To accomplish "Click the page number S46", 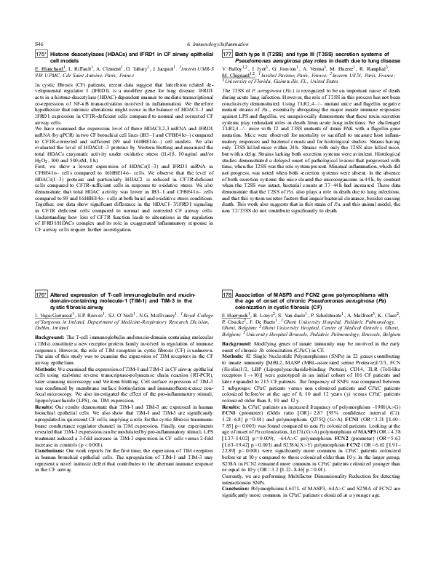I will [40, 44].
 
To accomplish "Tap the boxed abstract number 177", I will [227, 55].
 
